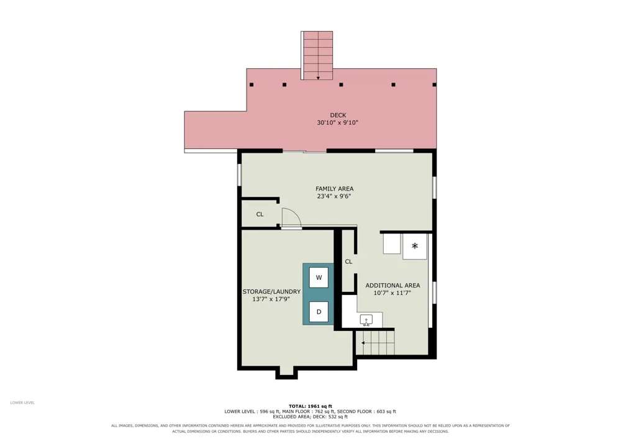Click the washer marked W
tap(319, 278)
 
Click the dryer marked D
tap(319, 312)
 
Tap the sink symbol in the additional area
tap(366, 320)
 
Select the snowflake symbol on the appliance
tap(415, 246)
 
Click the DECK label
tap(338, 115)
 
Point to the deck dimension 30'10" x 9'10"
tap(337, 123)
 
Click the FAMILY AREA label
tap(334, 189)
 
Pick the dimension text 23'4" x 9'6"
tap(334, 196)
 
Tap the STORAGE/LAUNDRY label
tap(271, 292)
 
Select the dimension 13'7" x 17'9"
tap(271, 299)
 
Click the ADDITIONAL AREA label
tap(392, 286)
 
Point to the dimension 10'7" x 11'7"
tap(392, 293)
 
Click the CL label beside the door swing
tap(260, 215)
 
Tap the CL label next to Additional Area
tap(348, 261)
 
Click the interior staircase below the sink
tap(375, 343)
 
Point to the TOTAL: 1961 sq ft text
tap(310, 406)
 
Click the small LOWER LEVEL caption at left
tap(22, 402)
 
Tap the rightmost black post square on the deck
tap(434, 84)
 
